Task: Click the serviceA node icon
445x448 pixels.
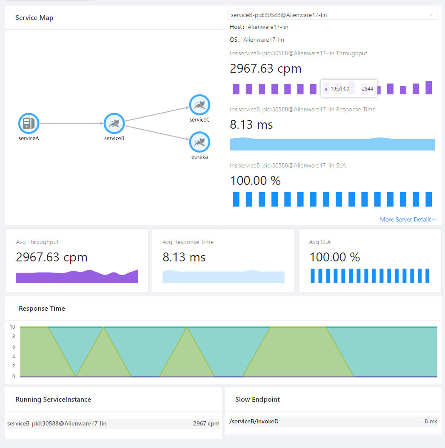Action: click(x=29, y=123)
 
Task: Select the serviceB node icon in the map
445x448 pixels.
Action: click(x=114, y=123)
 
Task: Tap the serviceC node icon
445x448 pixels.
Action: click(x=200, y=105)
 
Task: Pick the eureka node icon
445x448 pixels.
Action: click(x=200, y=142)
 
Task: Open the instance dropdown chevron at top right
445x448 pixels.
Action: click(x=431, y=15)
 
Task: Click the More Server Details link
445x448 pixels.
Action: click(x=408, y=219)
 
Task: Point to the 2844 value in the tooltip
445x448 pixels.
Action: click(x=367, y=89)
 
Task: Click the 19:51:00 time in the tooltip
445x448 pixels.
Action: click(x=339, y=89)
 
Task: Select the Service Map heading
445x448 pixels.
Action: click(x=34, y=18)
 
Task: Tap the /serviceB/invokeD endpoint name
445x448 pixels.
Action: click(x=254, y=421)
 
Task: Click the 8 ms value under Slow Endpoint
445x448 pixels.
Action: click(x=431, y=421)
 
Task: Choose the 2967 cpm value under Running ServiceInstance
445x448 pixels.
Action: click(x=206, y=423)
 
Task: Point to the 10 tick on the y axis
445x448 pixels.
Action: click(x=13, y=327)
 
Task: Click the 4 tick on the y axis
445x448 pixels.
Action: click(x=14, y=357)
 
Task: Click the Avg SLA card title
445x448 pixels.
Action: click(x=319, y=242)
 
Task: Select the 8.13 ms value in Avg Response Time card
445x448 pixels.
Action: click(x=184, y=257)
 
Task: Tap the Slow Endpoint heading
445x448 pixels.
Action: click(x=257, y=399)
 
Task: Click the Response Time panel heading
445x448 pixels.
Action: click(x=42, y=308)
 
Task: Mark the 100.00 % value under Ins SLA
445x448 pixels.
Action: click(x=255, y=181)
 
